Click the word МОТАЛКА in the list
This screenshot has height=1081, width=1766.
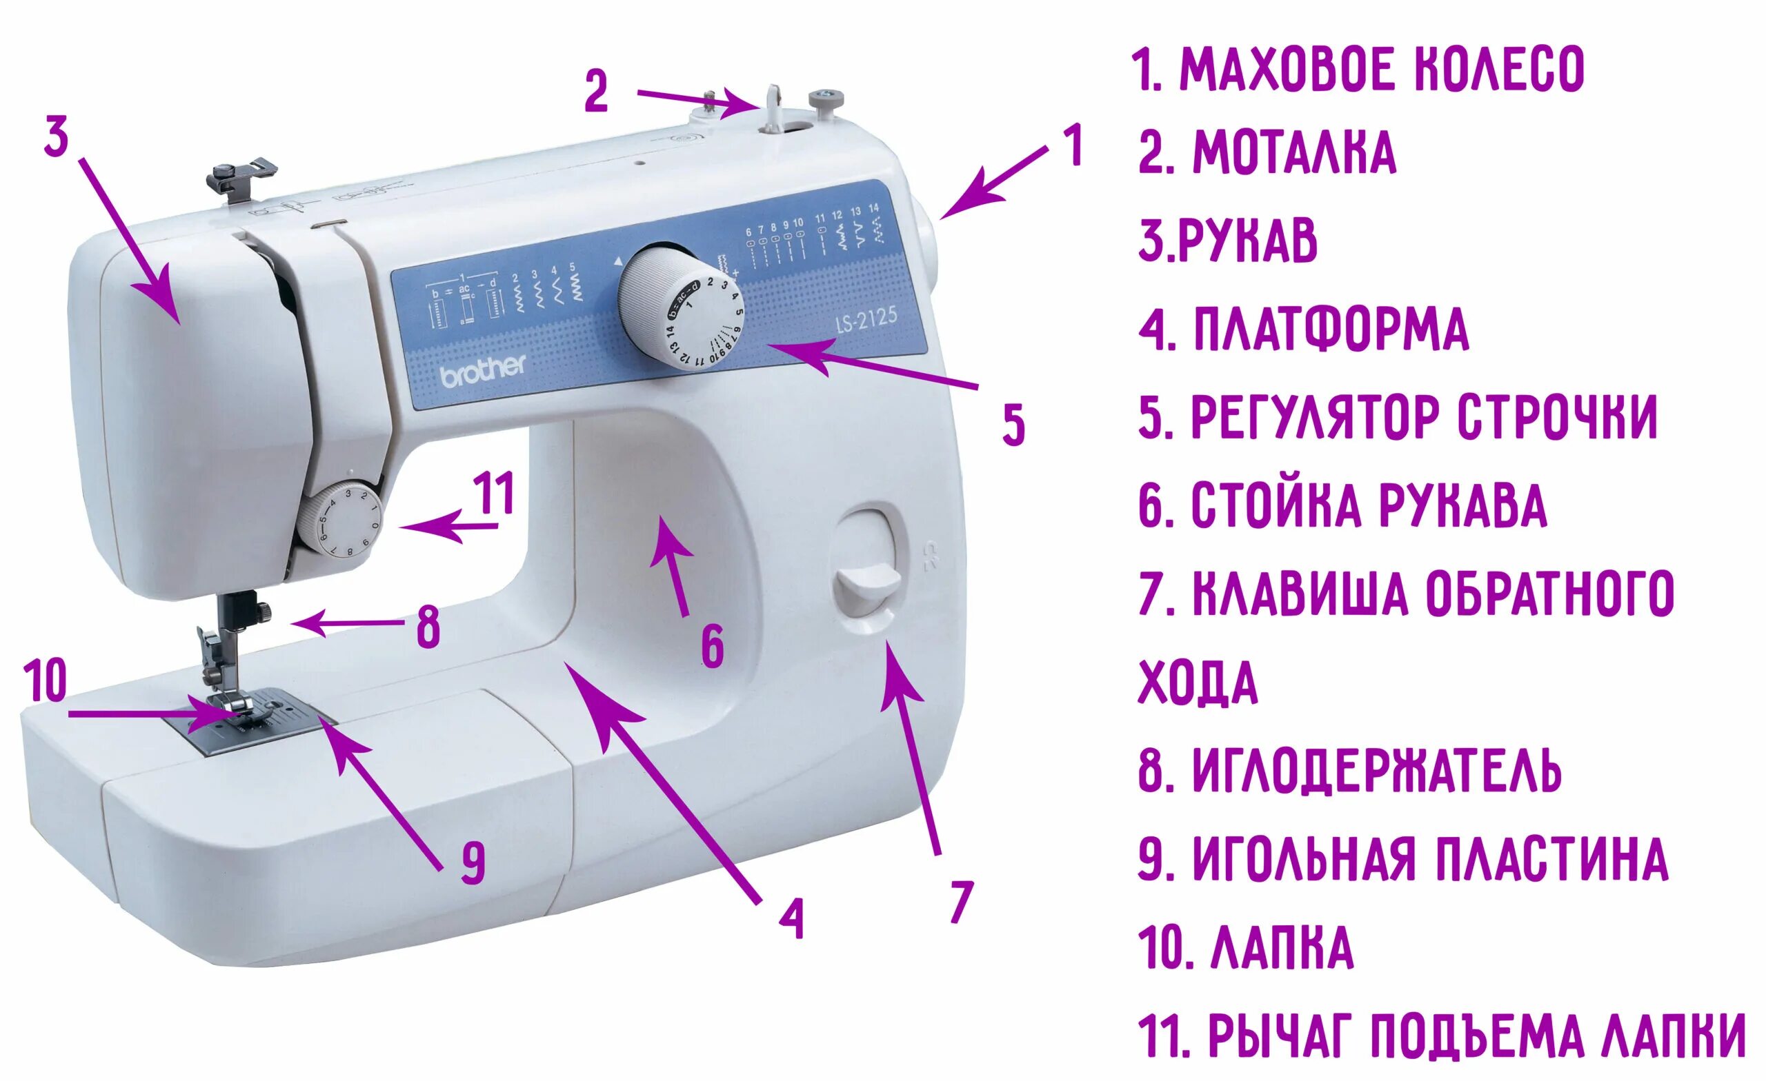click(1293, 152)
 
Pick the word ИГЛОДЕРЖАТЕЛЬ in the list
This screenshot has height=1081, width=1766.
click(1377, 771)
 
